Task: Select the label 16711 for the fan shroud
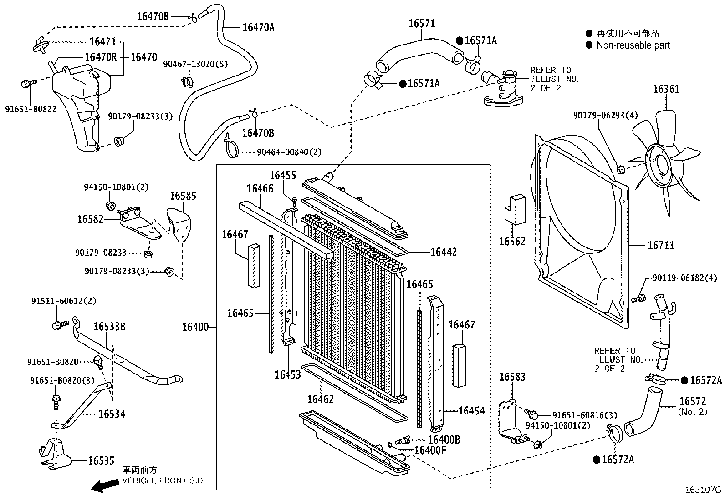pyautogui.click(x=660, y=246)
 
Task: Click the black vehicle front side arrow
pyautogui.click(x=104, y=486)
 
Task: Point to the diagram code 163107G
pyautogui.click(x=704, y=490)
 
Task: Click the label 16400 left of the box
pyautogui.click(x=195, y=327)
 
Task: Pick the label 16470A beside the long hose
pyautogui.click(x=258, y=27)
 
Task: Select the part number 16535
pyautogui.click(x=101, y=461)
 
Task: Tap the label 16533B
pyautogui.click(x=109, y=327)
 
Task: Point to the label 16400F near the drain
pyautogui.click(x=430, y=450)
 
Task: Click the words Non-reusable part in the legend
pyautogui.click(x=633, y=45)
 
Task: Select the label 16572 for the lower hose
pyautogui.click(x=692, y=401)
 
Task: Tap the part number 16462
pyautogui.click(x=321, y=399)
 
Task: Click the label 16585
pyautogui.click(x=183, y=196)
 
